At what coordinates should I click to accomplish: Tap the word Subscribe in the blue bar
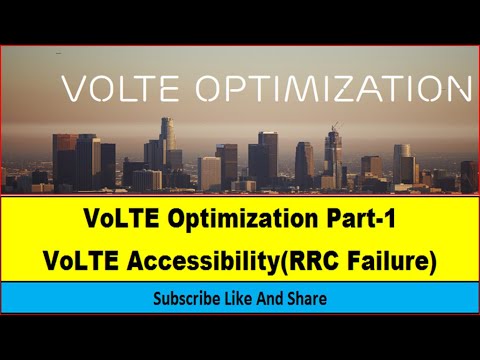tap(185, 298)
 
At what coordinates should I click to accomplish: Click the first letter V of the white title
tap(74, 89)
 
